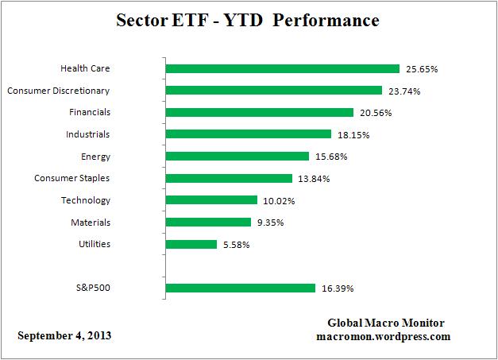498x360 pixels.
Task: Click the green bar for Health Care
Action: tap(282, 69)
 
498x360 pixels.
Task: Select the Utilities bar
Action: tap(191, 244)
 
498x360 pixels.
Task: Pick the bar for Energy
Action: tap(237, 157)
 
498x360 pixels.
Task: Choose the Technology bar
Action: tap(211, 200)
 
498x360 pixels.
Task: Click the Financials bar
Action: tap(259, 113)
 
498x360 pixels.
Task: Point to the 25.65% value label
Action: tap(421, 69)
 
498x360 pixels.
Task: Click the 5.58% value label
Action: tap(237, 244)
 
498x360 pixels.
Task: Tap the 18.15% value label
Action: tap(353, 135)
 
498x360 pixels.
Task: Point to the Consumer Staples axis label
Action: tap(71, 178)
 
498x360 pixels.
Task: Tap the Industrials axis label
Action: tap(87, 134)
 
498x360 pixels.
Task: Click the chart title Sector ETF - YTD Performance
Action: tap(249, 21)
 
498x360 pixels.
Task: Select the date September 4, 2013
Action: tap(65, 336)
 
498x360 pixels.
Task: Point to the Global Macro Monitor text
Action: tap(386, 323)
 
